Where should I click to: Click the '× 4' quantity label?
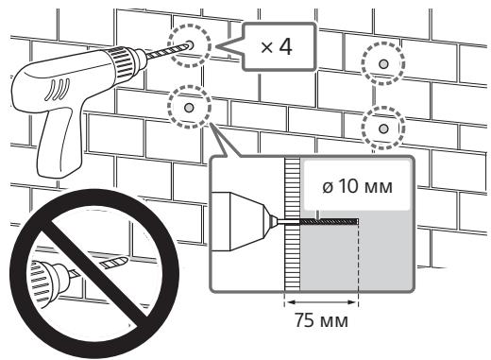point(277,47)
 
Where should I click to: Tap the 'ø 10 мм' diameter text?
point(358,186)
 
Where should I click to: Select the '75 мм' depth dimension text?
point(321,320)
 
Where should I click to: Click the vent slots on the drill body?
point(58,89)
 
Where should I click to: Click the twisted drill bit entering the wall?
point(168,51)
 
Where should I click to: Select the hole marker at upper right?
point(382,64)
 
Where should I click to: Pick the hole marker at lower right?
point(383,129)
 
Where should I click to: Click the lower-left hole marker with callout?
point(189,108)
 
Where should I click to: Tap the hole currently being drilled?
point(190,44)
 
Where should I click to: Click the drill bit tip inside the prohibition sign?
point(115,262)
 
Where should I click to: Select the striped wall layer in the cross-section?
point(293,224)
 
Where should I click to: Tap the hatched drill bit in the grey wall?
point(329,222)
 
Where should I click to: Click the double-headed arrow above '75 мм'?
point(321,302)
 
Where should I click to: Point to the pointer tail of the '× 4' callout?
point(229,47)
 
